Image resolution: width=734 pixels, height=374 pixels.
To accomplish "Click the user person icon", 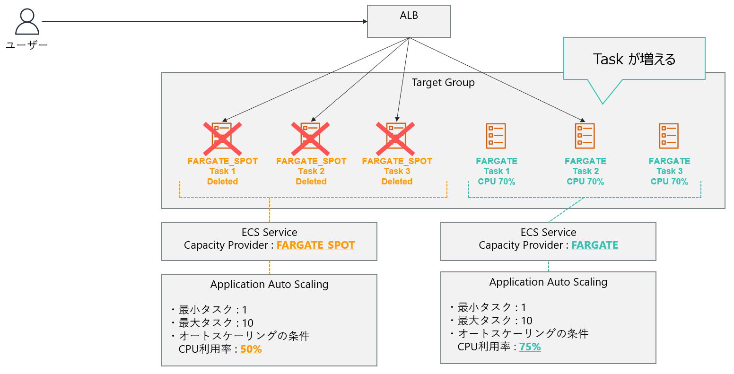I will coord(27,22).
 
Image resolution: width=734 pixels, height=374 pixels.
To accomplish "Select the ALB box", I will coord(409,21).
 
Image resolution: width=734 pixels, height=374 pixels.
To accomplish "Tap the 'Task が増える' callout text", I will coord(634,59).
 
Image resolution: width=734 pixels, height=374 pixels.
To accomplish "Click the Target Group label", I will coord(443,83).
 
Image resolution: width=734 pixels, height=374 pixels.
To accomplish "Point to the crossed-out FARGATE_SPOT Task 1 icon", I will coord(222,138).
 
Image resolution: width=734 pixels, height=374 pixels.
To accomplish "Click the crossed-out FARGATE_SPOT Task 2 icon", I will coord(311,138).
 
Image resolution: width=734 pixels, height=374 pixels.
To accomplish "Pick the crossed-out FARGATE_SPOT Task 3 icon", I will coord(396,138).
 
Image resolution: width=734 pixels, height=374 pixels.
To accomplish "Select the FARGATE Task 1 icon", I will coord(496,136).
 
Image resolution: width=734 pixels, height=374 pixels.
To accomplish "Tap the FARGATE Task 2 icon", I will coord(585,136).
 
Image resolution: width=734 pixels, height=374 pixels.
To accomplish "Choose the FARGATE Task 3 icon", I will coord(669,136).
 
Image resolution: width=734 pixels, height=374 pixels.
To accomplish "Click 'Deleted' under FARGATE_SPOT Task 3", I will coord(397,182).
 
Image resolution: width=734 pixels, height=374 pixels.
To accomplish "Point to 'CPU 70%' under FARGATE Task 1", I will coord(497,182).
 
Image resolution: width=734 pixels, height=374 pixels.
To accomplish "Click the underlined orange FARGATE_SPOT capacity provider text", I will coord(315,245).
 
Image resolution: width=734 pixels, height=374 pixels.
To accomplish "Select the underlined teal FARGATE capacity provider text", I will coord(594,245).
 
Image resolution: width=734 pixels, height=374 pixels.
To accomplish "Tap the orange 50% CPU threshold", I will coord(251,349).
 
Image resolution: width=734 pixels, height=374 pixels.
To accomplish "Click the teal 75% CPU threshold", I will coord(530,347).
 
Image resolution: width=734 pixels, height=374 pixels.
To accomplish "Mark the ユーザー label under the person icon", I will coord(27,45).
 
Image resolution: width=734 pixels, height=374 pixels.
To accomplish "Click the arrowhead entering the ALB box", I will coord(365,21).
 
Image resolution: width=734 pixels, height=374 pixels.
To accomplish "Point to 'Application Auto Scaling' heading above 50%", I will coord(269,285).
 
